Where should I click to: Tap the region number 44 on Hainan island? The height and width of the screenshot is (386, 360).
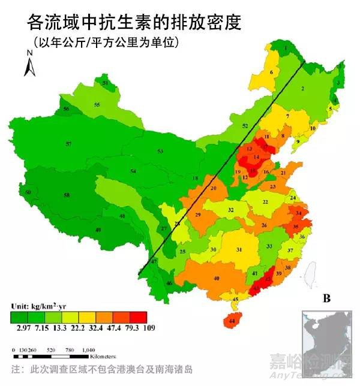pyautogui.click(x=232, y=322)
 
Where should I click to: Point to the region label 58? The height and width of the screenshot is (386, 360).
pyautogui.click(x=67, y=195)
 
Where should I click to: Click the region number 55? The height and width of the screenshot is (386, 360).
pyautogui.click(x=97, y=105)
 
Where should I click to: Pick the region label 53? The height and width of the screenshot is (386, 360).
pyautogui.click(x=160, y=151)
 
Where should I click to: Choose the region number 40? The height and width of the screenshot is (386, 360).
pyautogui.click(x=217, y=279)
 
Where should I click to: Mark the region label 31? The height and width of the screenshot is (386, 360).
pyautogui.click(x=239, y=250)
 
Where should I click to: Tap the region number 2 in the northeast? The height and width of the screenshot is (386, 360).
pyautogui.click(x=302, y=89)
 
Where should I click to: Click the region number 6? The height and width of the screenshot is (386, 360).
pyautogui.click(x=271, y=73)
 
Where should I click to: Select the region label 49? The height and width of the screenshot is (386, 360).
pyautogui.click(x=98, y=230)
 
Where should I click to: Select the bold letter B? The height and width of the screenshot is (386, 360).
pyautogui.click(x=327, y=298)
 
